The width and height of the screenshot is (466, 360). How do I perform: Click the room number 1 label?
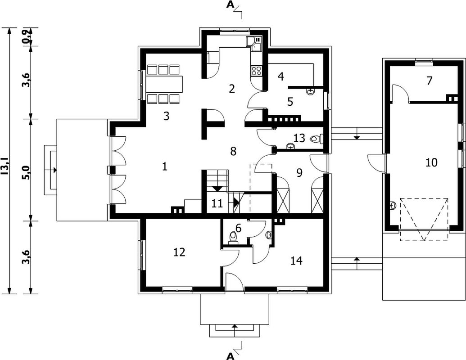point(165,166)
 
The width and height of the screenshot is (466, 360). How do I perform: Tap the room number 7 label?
point(429,81)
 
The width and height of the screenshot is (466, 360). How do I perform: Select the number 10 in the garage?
point(431,162)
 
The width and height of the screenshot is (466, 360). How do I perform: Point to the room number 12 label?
point(179,252)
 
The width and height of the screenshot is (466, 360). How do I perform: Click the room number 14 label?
point(297,261)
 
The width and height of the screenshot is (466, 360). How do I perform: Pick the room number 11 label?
point(217,204)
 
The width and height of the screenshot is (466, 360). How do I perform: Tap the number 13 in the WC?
point(299,138)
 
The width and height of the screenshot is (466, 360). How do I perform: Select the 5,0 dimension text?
point(27,172)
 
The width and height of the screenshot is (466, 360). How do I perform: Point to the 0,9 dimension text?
point(27,37)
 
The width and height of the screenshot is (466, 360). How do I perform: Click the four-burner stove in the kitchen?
point(257,70)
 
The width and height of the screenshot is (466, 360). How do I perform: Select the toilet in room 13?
point(316,139)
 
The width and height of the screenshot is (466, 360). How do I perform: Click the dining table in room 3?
point(164,84)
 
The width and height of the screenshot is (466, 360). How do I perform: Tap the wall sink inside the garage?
point(393,205)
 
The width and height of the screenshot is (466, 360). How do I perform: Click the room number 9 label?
point(299,172)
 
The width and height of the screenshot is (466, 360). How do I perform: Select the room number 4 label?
point(281,76)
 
